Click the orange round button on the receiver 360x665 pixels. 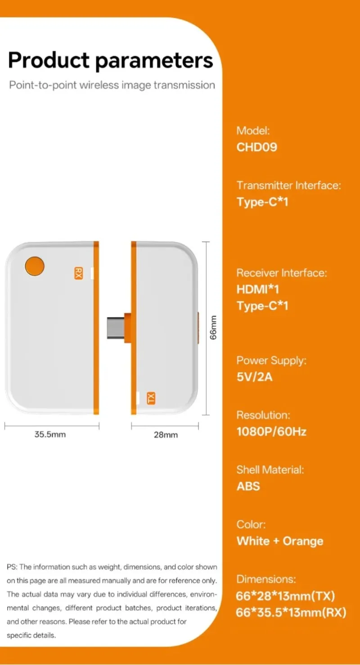tap(35, 266)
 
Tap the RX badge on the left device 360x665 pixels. tap(78, 273)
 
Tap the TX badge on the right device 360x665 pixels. tap(151, 398)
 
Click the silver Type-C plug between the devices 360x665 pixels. tap(116, 328)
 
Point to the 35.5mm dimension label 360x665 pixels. tap(50, 434)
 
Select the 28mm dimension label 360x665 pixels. tap(166, 434)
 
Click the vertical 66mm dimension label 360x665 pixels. tap(213, 327)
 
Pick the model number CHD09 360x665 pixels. tap(256, 147)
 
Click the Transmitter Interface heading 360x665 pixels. tap(289, 185)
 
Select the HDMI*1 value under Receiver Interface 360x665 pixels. tap(257, 290)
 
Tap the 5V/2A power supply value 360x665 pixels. tap(254, 377)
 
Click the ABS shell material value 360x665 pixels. tap(248, 486)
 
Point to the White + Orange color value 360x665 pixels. tap(280, 541)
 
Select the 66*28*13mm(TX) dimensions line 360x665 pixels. tap(285, 596)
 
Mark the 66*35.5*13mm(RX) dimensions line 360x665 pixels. tap(291, 612)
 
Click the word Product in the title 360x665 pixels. tap(49, 60)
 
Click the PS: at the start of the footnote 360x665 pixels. tap(12, 567)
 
